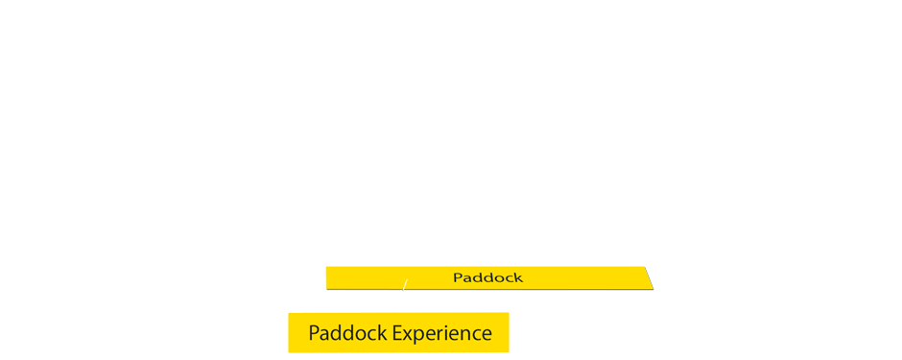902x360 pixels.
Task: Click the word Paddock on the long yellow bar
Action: [x=487, y=277]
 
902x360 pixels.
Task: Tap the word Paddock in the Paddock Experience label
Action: [x=344, y=333]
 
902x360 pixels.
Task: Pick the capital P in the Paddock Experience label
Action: [x=314, y=333]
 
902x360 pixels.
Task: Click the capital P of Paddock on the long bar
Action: [x=457, y=277]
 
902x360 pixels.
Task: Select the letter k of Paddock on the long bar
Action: [x=518, y=277]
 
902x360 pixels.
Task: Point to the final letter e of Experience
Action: [x=487, y=335]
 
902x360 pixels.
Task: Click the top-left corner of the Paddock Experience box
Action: [x=289, y=313]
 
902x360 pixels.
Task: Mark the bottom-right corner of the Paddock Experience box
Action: [x=508, y=351]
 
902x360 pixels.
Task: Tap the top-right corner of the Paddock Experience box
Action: [x=508, y=313]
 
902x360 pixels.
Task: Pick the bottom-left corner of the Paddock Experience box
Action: [x=289, y=351]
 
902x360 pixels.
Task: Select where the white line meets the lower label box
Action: [x=394, y=312]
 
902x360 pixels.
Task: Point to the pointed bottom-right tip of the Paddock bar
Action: [x=652, y=287]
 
